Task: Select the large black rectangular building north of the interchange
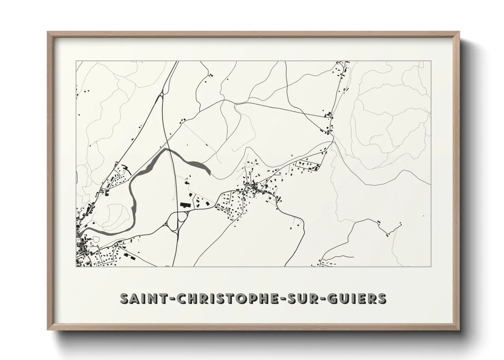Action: [x=185, y=204]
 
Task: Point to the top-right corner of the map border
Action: [x=431, y=61]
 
